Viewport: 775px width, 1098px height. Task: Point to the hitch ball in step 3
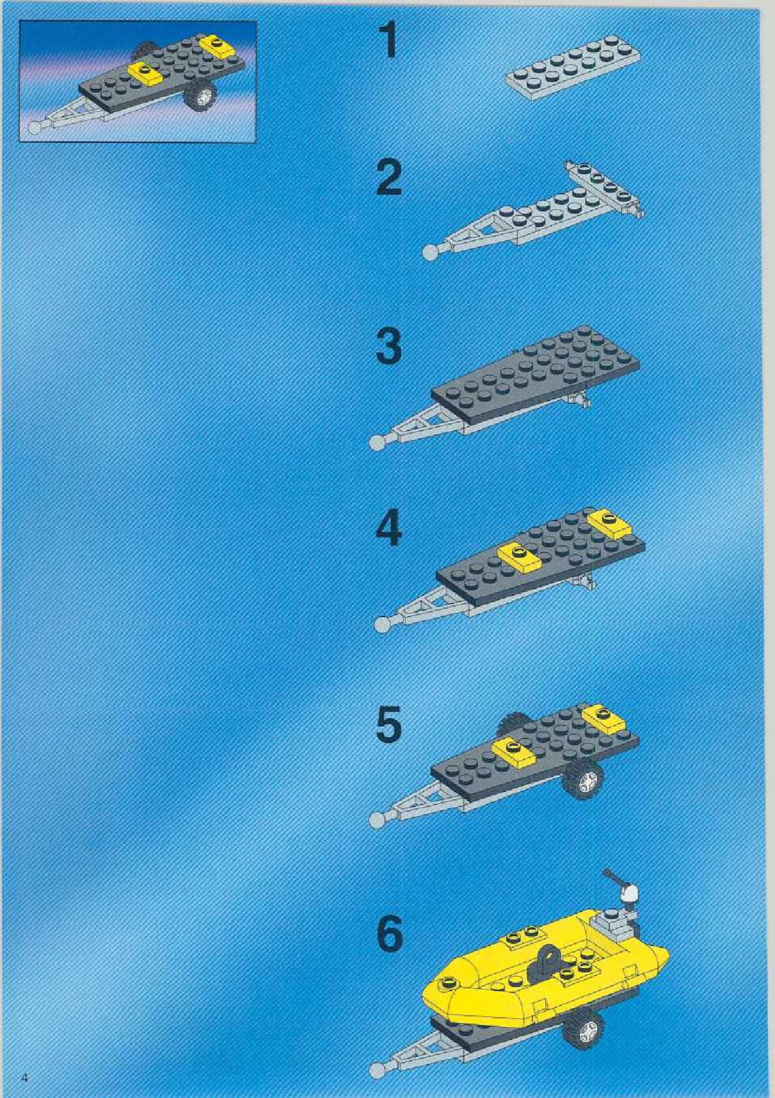(376, 442)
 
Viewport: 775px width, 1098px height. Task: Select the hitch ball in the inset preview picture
(34, 128)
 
